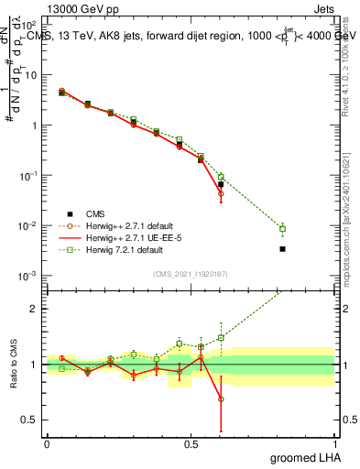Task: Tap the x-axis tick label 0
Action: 47,444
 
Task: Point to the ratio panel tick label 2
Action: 34,309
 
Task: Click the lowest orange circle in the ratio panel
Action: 221,398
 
